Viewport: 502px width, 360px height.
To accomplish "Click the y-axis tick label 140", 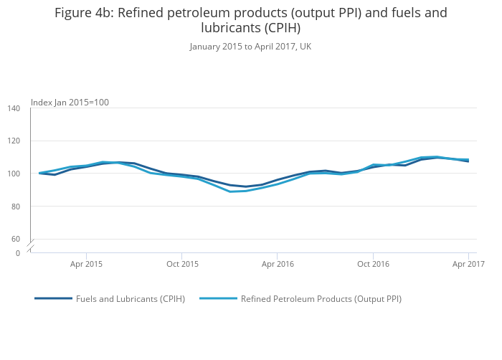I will (x=14, y=108).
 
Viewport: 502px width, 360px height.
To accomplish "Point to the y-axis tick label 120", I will (x=14, y=141).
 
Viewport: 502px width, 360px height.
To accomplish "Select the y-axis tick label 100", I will (x=14, y=174).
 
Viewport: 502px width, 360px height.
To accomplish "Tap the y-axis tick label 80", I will (x=16, y=207).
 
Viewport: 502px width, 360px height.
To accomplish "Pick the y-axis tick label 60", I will (x=16, y=239).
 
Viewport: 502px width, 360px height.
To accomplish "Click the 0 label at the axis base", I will (x=19, y=253).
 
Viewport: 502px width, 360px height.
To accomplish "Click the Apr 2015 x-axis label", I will (x=86, y=264).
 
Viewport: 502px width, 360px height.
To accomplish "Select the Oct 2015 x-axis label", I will (x=181, y=264).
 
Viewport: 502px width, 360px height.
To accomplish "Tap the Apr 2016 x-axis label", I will (x=278, y=264).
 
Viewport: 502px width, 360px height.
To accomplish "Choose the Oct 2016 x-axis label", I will (x=373, y=264).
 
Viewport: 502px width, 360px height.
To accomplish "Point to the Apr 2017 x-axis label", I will (x=468, y=264).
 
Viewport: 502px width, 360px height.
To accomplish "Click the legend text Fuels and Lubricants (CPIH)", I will (x=131, y=299).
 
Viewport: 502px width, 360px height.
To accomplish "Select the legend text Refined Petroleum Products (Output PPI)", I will (x=321, y=299).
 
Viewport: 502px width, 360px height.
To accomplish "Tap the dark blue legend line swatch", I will (x=53, y=298).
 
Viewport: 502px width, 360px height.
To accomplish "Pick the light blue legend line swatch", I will (x=217, y=298).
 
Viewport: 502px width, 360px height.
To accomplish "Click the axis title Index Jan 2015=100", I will (x=70, y=103).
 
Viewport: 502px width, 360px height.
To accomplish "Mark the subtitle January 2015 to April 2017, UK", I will (x=250, y=47).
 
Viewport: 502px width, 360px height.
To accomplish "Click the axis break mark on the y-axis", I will (x=31, y=246).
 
